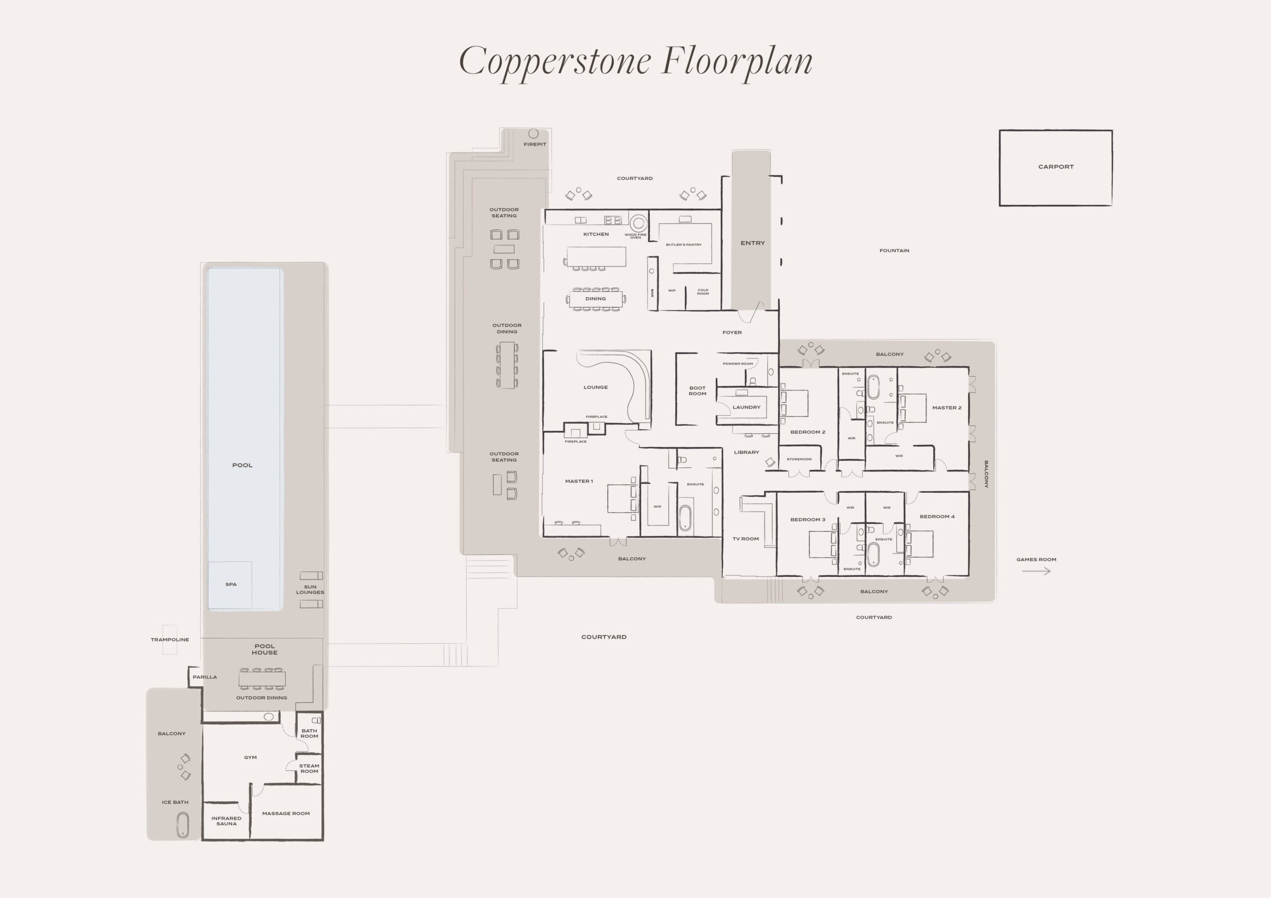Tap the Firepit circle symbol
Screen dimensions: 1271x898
point(533,133)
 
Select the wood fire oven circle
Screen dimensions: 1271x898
point(638,223)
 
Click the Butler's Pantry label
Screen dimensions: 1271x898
point(684,245)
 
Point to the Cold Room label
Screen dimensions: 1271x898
point(703,292)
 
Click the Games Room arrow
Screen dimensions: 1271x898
point(1036,571)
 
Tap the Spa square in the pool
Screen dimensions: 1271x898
point(230,585)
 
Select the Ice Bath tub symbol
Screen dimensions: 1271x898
point(182,825)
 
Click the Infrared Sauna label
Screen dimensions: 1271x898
point(226,821)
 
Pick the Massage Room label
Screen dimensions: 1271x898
point(285,813)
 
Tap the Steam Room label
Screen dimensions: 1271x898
point(309,769)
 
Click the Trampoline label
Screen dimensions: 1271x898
point(170,640)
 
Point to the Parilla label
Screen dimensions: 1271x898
point(205,677)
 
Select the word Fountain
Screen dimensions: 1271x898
point(894,251)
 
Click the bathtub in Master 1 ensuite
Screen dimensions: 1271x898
point(685,518)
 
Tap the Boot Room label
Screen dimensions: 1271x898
point(698,391)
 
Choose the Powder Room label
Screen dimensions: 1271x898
point(737,364)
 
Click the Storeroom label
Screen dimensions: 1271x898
point(799,459)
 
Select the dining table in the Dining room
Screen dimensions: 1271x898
point(596,299)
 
